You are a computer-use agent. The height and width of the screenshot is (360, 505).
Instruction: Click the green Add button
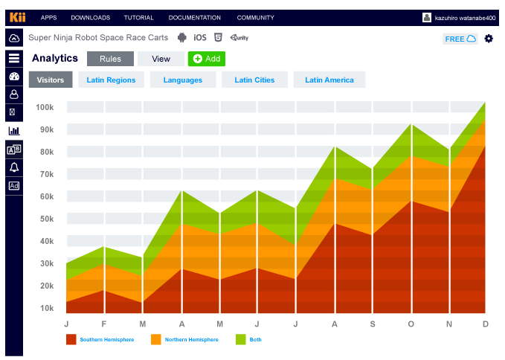(206, 59)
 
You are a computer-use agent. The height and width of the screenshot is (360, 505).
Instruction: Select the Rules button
(110, 59)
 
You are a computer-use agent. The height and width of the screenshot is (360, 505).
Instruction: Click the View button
(161, 59)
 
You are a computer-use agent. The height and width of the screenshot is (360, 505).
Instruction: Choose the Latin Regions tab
(111, 80)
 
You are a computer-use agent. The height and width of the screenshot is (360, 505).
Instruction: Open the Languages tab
(183, 80)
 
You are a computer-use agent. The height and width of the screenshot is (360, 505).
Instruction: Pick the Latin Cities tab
(254, 80)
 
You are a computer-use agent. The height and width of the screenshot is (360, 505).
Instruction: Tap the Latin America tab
(329, 80)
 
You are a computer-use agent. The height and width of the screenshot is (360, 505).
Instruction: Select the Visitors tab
(51, 80)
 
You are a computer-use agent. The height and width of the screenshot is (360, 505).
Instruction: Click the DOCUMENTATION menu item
(194, 18)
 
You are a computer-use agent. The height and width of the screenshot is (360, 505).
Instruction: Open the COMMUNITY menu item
(256, 18)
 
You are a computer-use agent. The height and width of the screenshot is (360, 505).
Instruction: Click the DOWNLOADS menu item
(90, 18)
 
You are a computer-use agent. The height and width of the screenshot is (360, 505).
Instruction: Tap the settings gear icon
(489, 39)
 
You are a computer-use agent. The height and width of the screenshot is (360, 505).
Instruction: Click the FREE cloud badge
(460, 39)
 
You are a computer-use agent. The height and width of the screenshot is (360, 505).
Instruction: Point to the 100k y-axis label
(45, 108)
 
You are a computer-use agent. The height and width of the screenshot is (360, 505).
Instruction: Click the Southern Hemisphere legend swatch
(71, 339)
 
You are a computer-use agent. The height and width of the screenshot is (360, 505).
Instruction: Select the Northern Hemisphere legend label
(191, 340)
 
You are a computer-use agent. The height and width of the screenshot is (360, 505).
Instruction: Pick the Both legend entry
(255, 340)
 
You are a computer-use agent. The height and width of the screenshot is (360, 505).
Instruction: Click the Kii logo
(17, 17)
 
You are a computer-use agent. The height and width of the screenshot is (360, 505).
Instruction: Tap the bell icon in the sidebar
(14, 167)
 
